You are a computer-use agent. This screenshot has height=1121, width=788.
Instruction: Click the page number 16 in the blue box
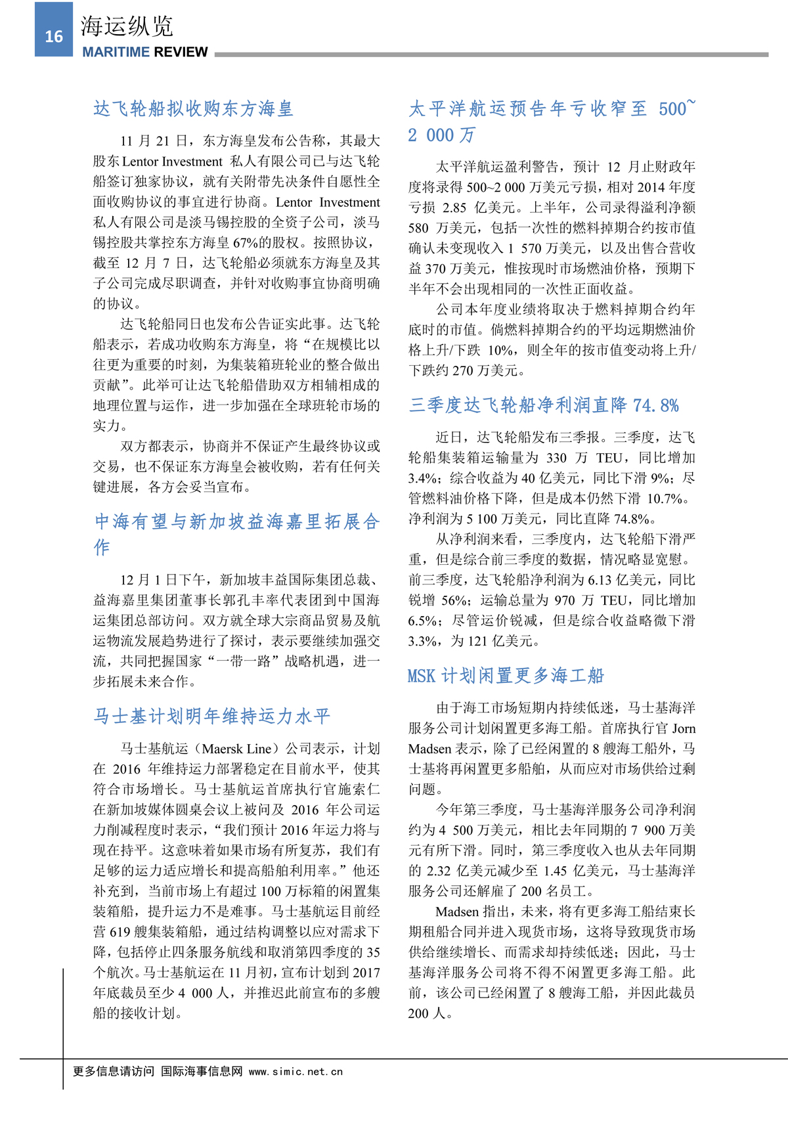[x=54, y=36]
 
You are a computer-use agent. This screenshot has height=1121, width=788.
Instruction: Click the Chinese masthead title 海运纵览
[x=127, y=26]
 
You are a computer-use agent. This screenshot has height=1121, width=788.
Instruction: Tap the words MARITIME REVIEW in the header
[x=145, y=53]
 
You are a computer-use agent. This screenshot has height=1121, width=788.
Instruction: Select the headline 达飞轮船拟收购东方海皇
[x=193, y=108]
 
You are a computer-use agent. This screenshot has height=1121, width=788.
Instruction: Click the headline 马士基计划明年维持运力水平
[x=211, y=716]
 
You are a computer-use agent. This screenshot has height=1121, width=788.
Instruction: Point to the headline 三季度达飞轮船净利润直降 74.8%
[x=544, y=405]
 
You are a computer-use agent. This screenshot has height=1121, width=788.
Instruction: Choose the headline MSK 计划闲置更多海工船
[x=506, y=676]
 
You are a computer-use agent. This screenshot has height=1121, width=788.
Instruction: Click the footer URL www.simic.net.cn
[x=296, y=1072]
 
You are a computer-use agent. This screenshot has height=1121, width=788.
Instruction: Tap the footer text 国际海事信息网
[x=202, y=1072]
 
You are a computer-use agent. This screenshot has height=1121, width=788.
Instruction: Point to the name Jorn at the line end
[x=684, y=728]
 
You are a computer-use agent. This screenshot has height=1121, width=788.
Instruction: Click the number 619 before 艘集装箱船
[x=120, y=932]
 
